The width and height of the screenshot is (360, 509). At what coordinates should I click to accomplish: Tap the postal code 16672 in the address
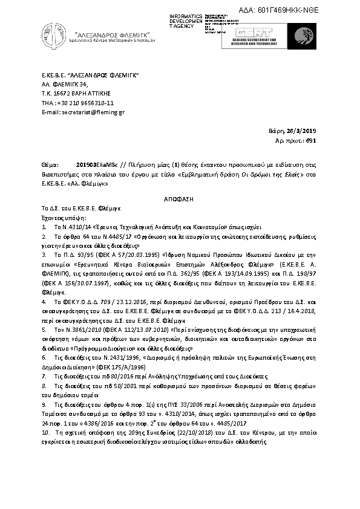[62, 93]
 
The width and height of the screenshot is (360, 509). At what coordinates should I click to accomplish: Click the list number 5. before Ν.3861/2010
[44, 331]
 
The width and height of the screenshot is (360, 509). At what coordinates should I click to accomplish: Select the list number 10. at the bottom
[45, 434]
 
